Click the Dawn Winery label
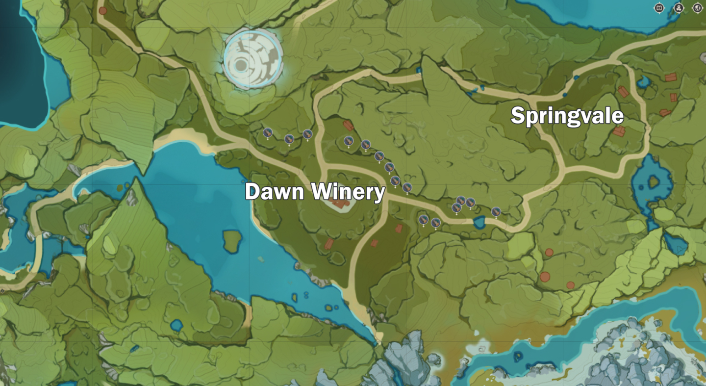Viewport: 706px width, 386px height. click(315, 192)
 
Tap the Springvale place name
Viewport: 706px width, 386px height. click(567, 117)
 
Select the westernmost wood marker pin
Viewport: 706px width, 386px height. click(267, 132)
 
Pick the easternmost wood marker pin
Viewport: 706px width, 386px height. click(496, 211)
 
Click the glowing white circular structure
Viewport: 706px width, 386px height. click(253, 59)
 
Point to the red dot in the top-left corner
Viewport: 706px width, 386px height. click(102, 10)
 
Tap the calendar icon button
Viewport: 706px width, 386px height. click(659, 8)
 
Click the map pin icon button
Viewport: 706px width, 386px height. click(679, 8)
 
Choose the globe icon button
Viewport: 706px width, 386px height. click(697, 8)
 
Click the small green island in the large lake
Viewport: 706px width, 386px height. click(232, 240)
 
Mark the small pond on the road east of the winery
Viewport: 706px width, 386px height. click(479, 223)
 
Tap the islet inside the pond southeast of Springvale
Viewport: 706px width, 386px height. click(654, 182)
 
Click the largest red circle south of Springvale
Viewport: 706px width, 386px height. click(545, 277)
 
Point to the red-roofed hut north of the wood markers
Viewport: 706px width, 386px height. click(348, 126)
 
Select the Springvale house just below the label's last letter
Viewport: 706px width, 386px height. click(619, 131)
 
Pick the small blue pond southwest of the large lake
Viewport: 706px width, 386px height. click(176, 325)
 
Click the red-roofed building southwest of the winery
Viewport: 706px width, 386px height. click(329, 244)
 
